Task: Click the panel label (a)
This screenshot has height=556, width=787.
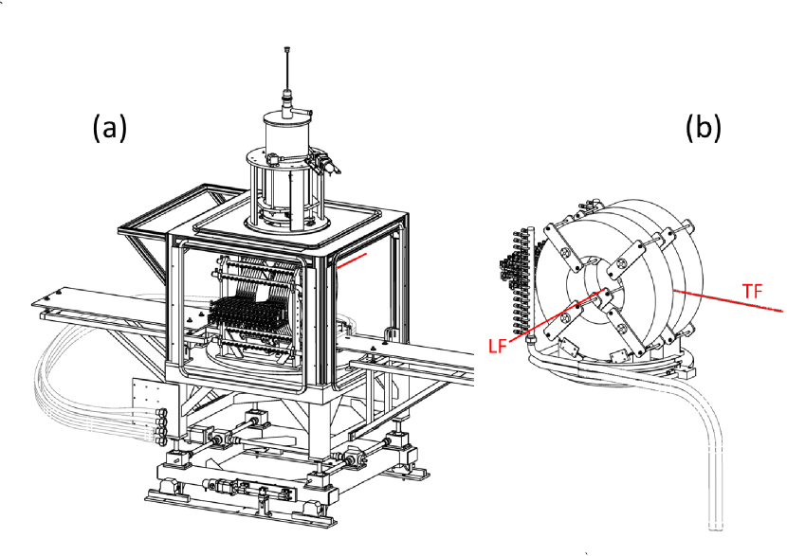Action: click(109, 127)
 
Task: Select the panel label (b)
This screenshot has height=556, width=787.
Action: click(704, 127)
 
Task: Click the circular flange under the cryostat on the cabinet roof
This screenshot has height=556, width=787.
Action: click(284, 221)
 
